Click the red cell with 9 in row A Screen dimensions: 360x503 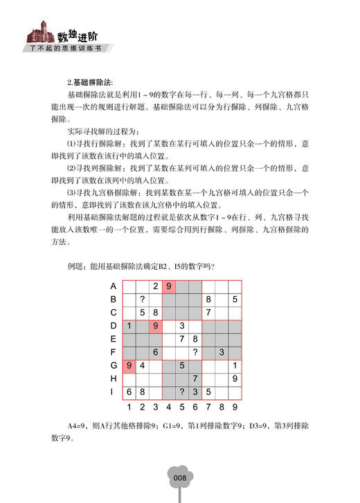point(169,286)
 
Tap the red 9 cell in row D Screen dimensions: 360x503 point(156,325)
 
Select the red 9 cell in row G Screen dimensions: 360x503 point(129,365)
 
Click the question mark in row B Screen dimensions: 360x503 point(142,299)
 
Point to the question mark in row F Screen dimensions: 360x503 point(196,351)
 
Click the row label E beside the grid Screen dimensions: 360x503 point(113,338)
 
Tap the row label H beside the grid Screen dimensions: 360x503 point(113,378)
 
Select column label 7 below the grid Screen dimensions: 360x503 point(208,406)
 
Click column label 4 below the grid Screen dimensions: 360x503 point(168,406)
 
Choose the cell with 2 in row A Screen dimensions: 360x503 point(156,286)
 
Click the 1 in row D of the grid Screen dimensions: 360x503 point(129,325)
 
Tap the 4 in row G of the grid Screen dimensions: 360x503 point(142,365)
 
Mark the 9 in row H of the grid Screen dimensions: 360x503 point(235,378)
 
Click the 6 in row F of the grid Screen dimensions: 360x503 point(156,351)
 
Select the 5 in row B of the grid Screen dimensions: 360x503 point(235,299)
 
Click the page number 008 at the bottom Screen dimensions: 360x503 point(180,477)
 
